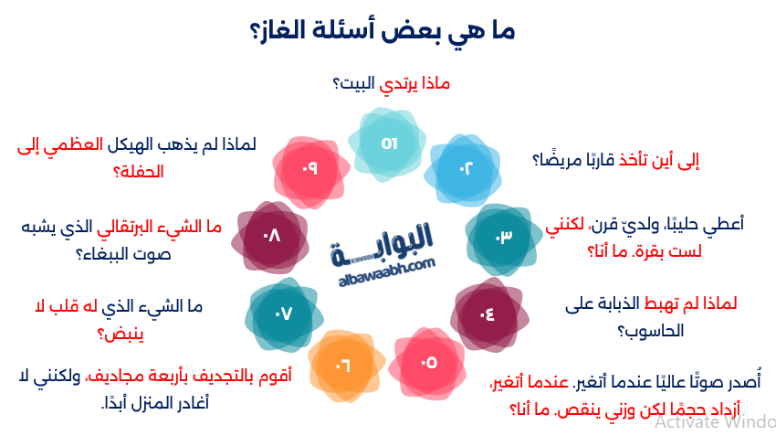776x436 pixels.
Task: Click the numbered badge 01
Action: (x=390, y=143)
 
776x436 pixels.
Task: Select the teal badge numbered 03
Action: (x=503, y=238)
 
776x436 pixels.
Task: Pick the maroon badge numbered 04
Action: (x=486, y=314)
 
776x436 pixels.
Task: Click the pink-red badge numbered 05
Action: (x=428, y=363)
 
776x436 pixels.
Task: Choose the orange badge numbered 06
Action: (x=343, y=367)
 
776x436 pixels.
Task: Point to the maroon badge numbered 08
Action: (x=271, y=239)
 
